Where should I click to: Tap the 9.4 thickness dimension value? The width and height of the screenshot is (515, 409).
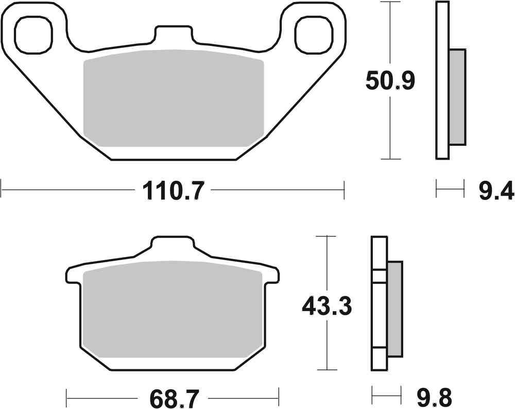click(495, 192)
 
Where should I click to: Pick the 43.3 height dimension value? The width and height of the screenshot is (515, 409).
click(327, 308)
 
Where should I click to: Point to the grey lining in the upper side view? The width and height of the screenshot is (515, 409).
click(457, 97)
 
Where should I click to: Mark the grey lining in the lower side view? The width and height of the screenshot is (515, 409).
click(394, 308)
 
